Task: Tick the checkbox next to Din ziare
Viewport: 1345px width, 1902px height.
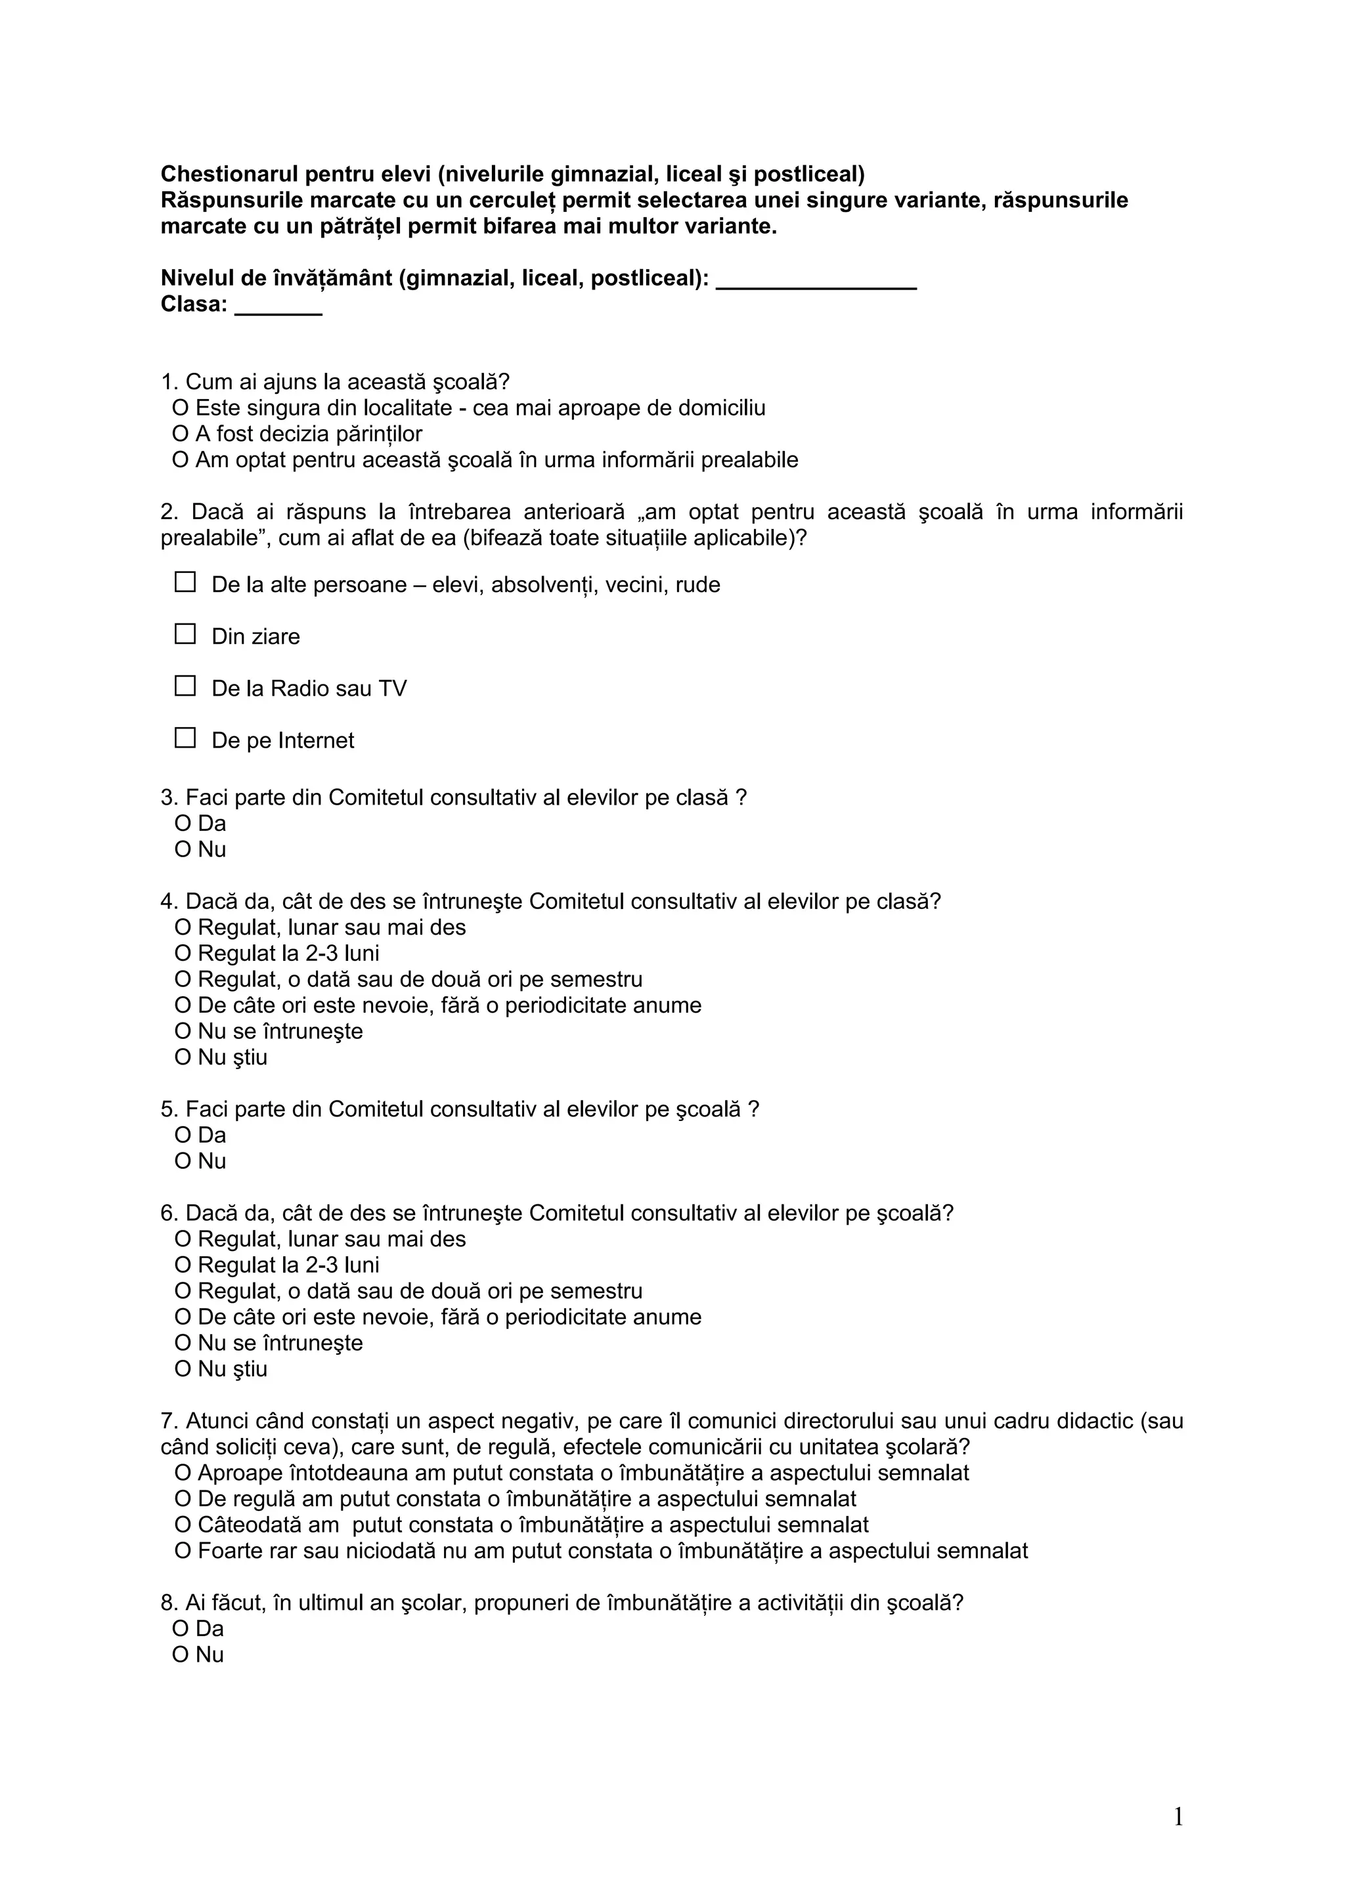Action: click(185, 635)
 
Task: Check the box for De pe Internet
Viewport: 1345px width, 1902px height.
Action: click(185, 738)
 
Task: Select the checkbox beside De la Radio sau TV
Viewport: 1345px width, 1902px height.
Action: click(185, 686)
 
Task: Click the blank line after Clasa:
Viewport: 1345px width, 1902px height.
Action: click(278, 308)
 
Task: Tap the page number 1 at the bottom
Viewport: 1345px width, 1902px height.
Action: click(1178, 1817)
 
